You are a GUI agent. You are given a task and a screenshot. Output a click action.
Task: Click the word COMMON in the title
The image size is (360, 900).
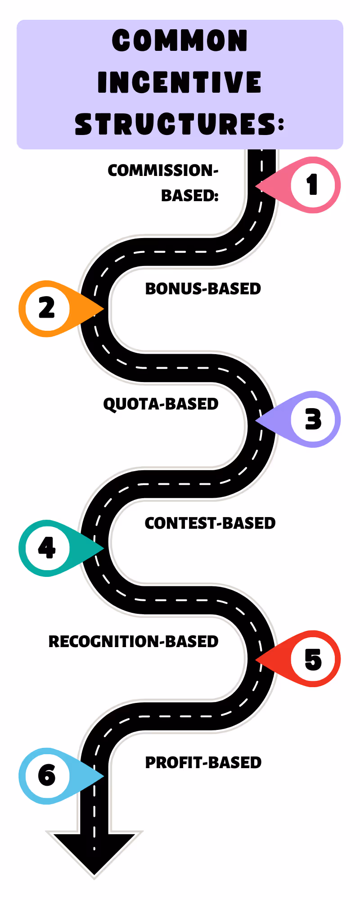[180, 41]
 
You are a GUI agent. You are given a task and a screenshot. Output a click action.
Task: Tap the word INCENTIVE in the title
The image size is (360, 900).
[180, 82]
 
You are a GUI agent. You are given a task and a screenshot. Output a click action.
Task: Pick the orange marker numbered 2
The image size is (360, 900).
[47, 309]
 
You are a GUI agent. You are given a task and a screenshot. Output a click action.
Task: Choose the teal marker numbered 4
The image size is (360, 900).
[47, 548]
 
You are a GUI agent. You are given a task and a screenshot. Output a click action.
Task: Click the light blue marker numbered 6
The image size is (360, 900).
[47, 776]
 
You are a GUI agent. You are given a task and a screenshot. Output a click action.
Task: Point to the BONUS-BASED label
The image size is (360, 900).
[203, 289]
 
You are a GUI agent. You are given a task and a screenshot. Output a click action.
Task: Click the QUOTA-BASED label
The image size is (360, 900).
[161, 404]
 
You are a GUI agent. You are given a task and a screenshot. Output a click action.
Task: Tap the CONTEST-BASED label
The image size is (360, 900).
[210, 523]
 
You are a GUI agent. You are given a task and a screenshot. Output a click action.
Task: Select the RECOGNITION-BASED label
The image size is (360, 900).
[133, 642]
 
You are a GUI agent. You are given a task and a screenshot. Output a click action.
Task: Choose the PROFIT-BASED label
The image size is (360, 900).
[203, 763]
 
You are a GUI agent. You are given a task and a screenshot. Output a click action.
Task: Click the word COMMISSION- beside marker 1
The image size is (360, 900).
[163, 171]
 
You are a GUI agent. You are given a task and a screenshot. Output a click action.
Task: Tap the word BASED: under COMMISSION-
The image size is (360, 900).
[190, 196]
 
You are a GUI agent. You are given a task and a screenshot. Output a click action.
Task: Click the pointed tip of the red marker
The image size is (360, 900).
[256, 659]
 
